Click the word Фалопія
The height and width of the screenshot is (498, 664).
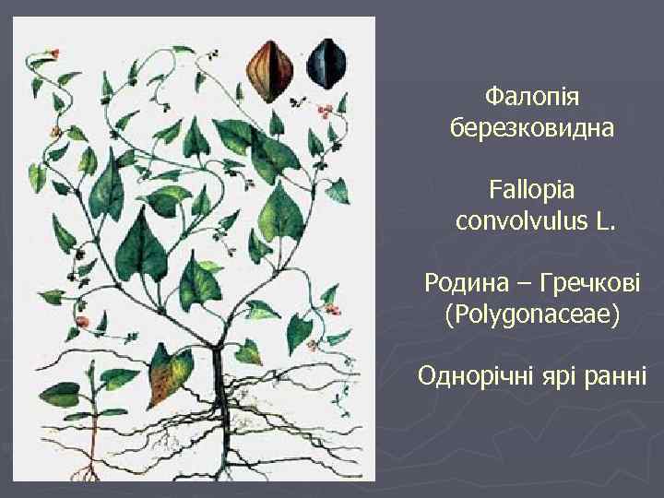coord(532,95)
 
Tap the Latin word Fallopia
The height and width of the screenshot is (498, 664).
coord(532,190)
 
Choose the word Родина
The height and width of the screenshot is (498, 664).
coord(468,281)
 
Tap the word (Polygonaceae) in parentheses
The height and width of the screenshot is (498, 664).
coord(532,314)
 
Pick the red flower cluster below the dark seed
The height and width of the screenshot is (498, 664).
coord(324,113)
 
